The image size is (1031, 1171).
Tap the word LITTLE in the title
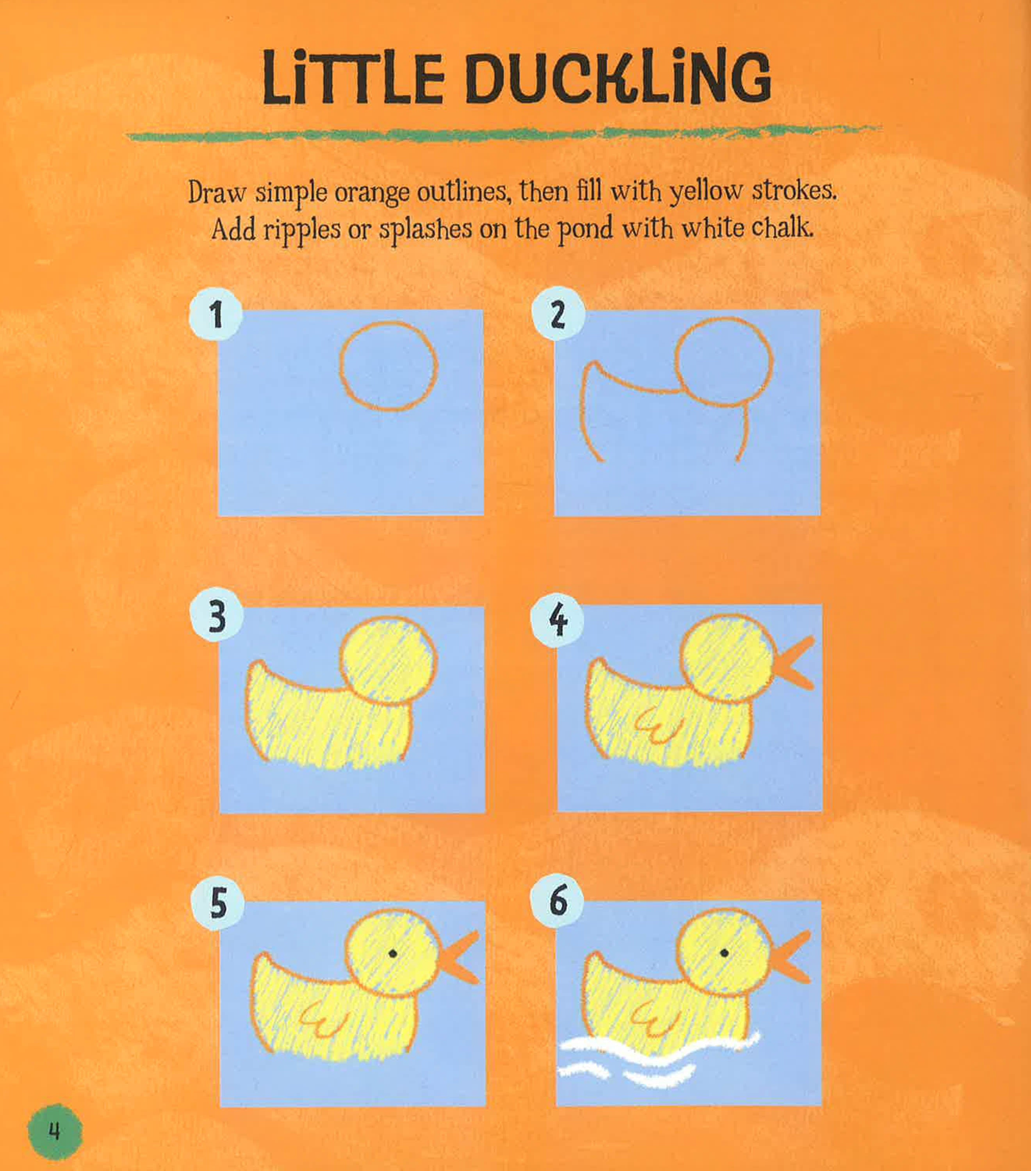click(x=353, y=78)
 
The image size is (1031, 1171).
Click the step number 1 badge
click(x=215, y=314)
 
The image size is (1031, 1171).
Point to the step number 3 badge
click(x=217, y=616)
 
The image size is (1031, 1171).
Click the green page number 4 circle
click(x=54, y=1132)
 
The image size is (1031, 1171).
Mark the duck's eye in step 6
click(x=725, y=953)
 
